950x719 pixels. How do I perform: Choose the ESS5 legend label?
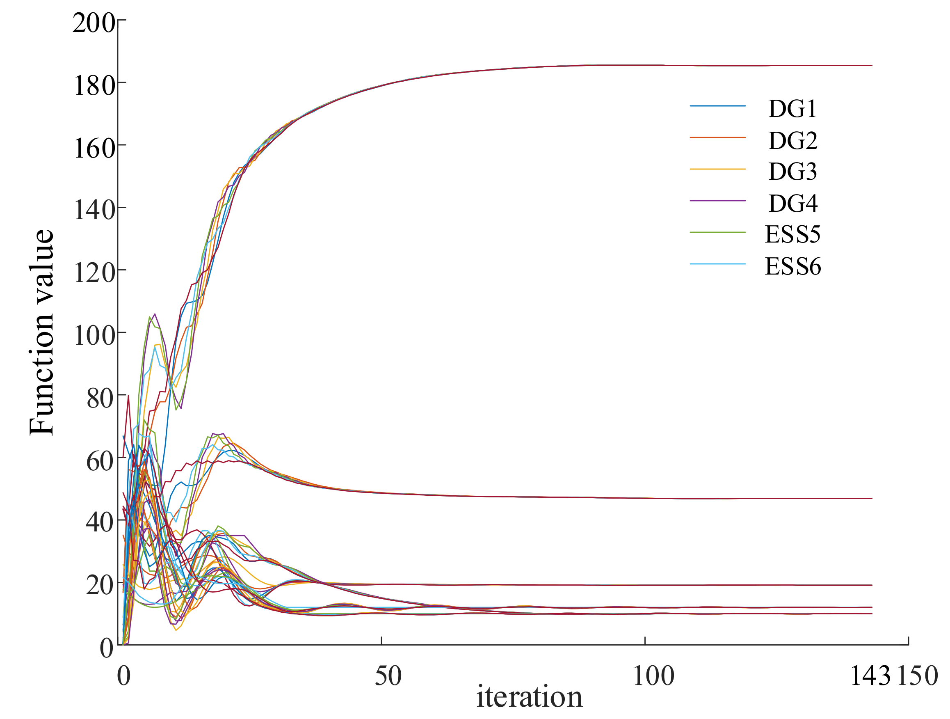pos(792,234)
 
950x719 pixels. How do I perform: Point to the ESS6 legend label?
pos(792,266)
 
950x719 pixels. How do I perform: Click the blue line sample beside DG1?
pos(717,106)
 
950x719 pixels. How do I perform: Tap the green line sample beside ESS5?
pos(717,232)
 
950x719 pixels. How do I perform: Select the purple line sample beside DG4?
pos(717,201)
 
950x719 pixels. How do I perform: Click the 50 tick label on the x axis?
pos(388,676)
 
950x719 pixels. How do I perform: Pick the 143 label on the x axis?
pos(870,676)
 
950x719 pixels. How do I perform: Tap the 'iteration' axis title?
pos(529,698)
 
